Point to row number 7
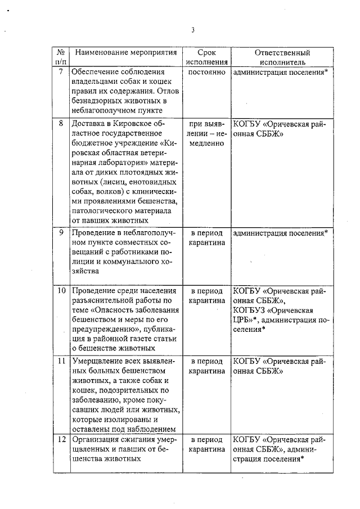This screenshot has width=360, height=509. [x=61, y=72]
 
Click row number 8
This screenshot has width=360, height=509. [x=61, y=123]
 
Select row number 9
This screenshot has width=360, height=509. [x=61, y=232]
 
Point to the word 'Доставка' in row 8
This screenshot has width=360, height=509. [x=87, y=123]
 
